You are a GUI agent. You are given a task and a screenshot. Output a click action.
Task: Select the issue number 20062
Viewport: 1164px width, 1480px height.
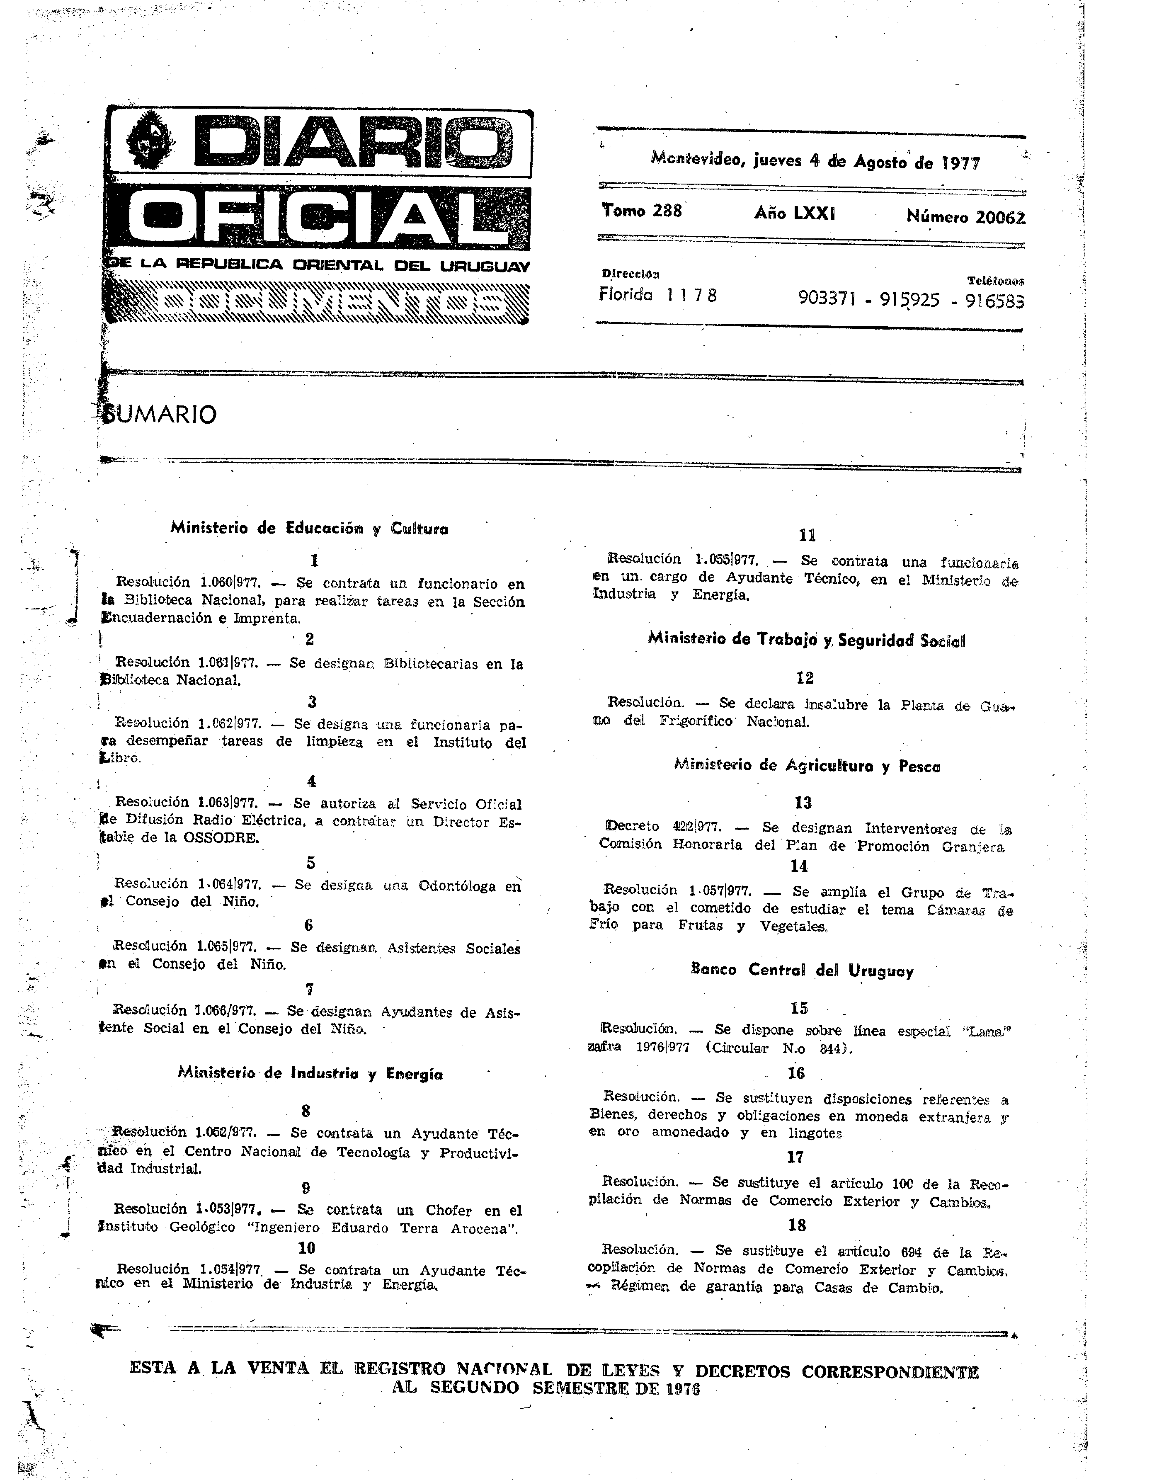pyautogui.click(x=1000, y=217)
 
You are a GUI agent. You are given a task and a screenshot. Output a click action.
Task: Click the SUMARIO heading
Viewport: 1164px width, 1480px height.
pyautogui.click(x=160, y=414)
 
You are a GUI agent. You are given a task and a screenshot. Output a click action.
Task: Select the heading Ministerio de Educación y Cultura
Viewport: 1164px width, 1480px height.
pyautogui.click(x=309, y=528)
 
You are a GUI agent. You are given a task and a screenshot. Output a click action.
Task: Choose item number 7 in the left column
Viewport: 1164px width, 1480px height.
pyautogui.click(x=309, y=989)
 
